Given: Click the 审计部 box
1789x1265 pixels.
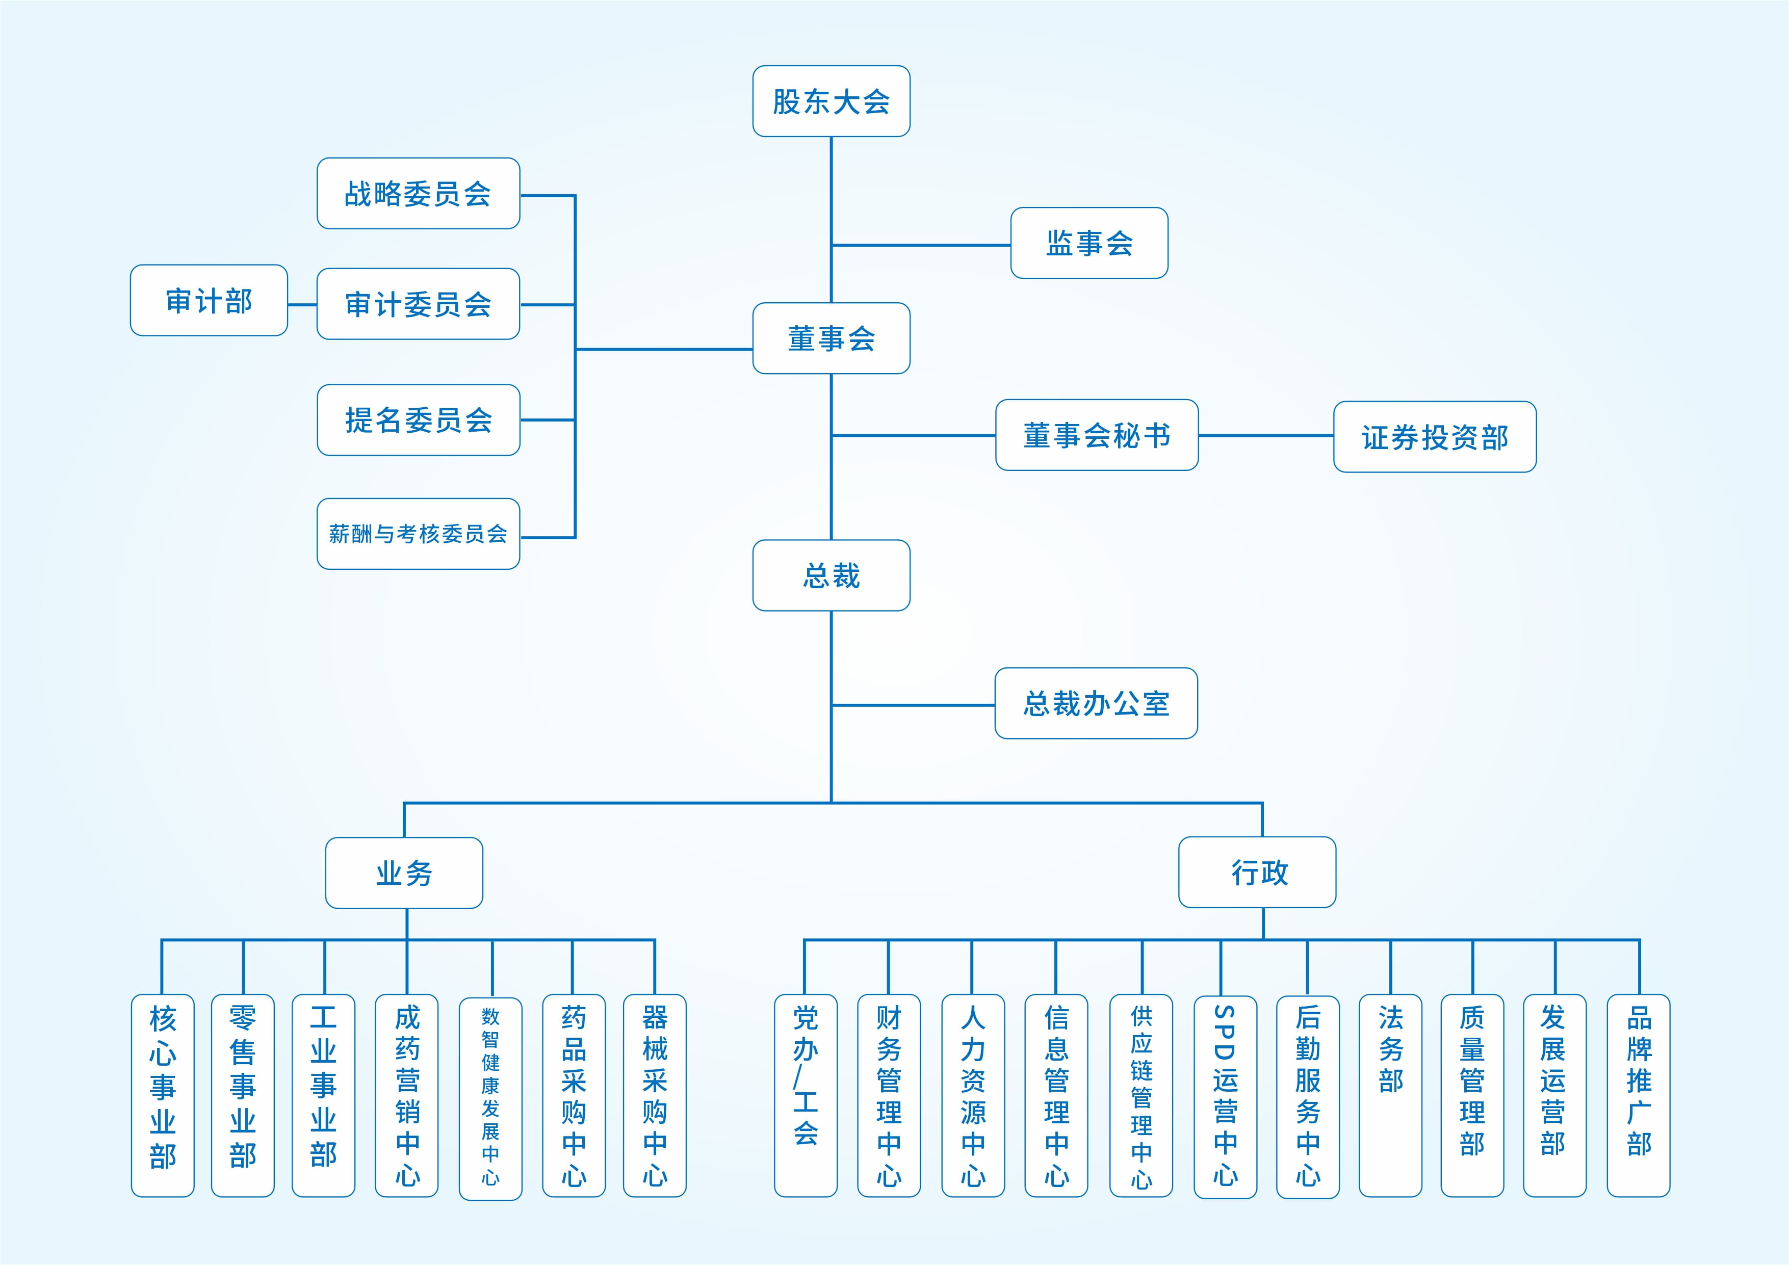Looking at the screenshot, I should [x=209, y=301].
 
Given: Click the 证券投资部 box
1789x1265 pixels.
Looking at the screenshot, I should [x=1435, y=437].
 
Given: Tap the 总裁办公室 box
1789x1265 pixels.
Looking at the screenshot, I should [x=1096, y=703].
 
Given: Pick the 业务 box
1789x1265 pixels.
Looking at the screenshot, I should [x=404, y=873].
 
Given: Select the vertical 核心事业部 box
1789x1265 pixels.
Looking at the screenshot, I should [x=162, y=1094].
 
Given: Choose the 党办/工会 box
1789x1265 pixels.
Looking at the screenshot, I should [x=805, y=1094].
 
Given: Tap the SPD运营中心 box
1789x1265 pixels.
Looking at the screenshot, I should [x=1225, y=1096].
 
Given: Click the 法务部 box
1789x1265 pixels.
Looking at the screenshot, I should [x=1390, y=1094].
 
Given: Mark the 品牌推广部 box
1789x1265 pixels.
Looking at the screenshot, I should [x=1638, y=1094].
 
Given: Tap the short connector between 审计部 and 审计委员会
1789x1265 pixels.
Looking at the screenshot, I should [x=302, y=305].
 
